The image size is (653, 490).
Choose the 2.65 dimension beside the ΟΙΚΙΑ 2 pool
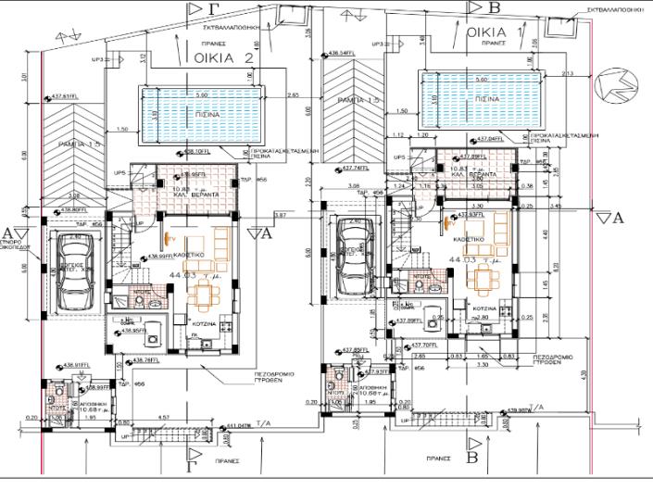pos(293,95)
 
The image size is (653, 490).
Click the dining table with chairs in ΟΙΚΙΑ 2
pos(202,295)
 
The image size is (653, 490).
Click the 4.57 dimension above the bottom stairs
pos(163,419)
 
